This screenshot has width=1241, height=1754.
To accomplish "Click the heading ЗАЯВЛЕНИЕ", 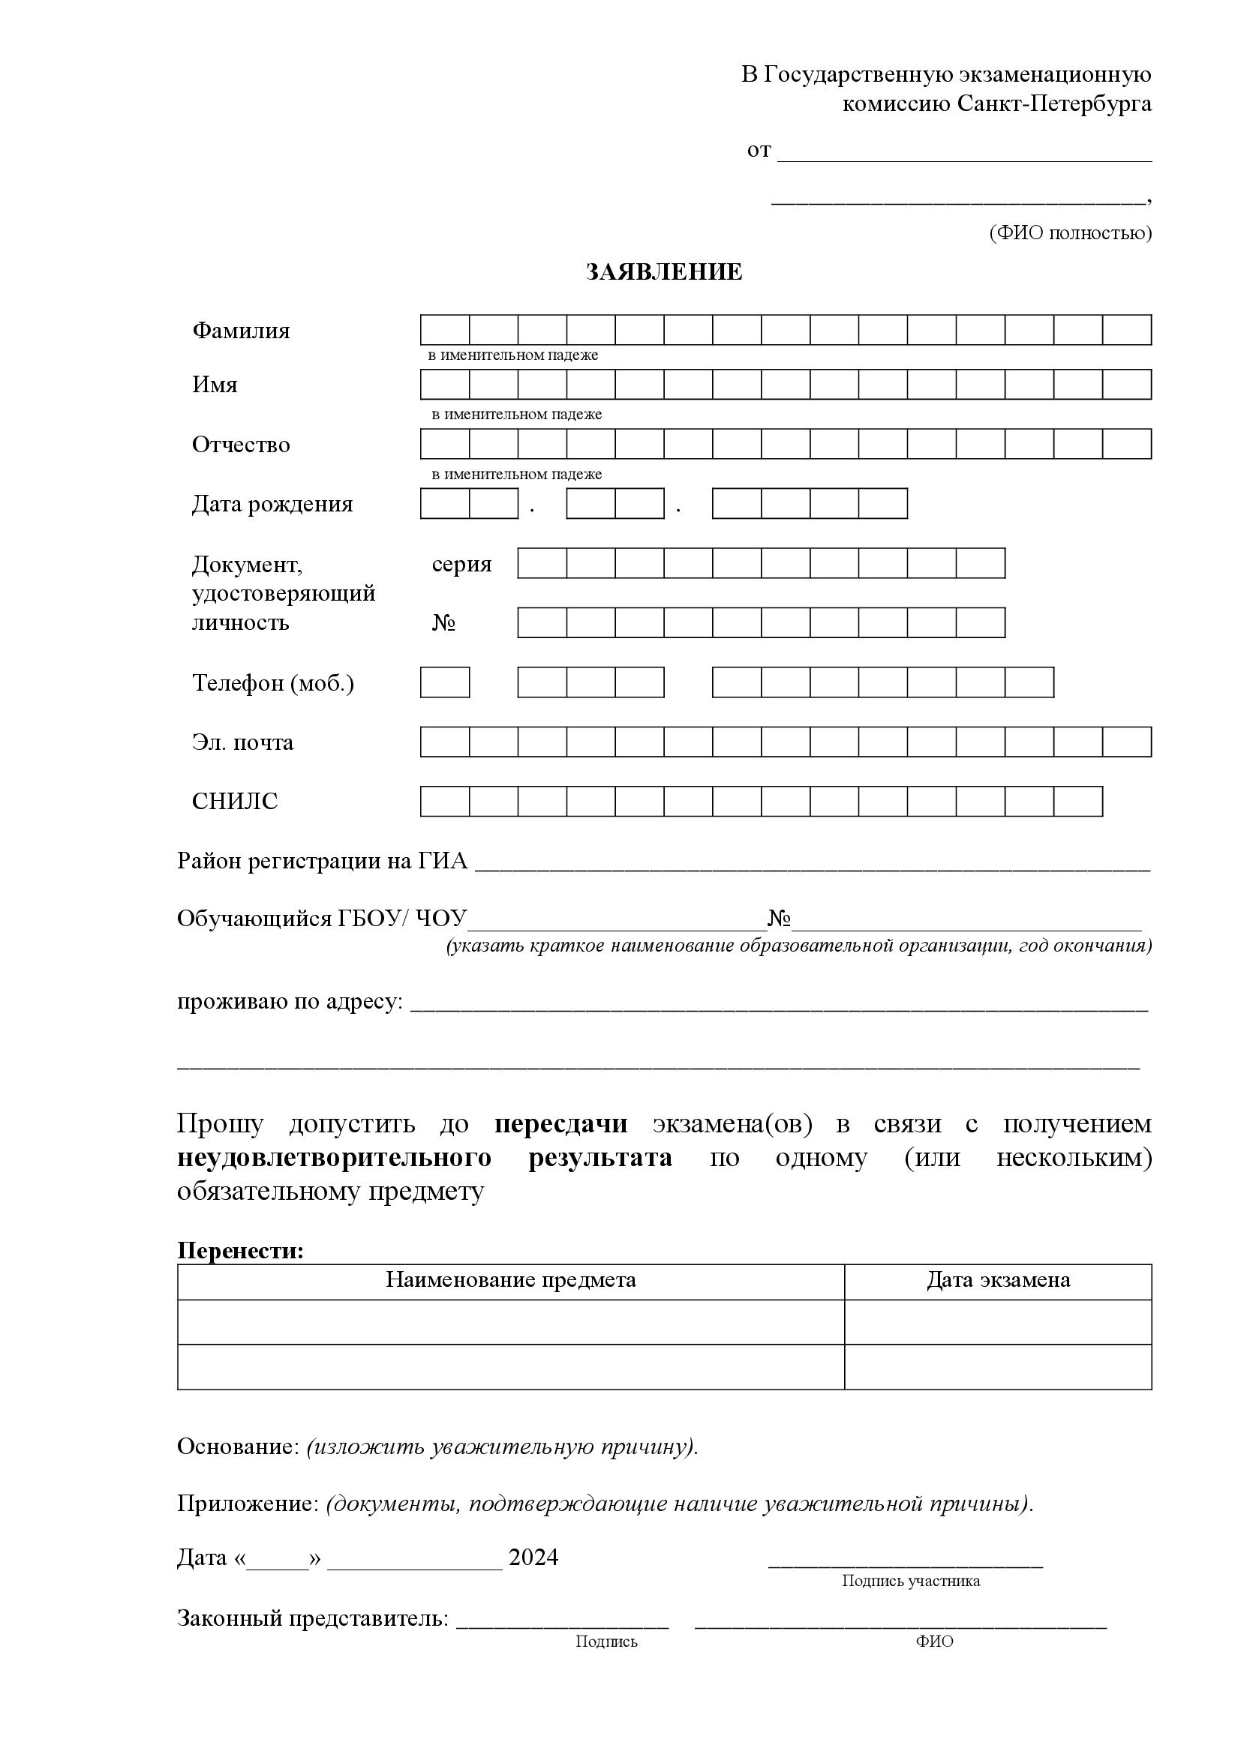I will (x=663, y=272).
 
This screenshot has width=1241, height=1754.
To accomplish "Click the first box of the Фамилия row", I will (x=445, y=330).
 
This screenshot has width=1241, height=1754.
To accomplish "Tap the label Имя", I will (x=215, y=384).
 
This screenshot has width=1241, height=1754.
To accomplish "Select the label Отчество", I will (x=241, y=445).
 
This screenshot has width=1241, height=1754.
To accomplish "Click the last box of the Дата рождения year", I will (x=882, y=503).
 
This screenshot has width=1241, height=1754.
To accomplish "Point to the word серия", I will (x=461, y=564).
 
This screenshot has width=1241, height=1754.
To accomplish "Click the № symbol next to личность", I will (x=444, y=622).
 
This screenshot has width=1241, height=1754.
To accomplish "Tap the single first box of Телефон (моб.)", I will (x=445, y=682).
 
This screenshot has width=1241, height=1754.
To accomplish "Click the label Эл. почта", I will (x=242, y=742).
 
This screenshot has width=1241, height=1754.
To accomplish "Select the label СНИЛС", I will (x=235, y=801).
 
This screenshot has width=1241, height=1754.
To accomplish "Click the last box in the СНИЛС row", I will (x=1077, y=802).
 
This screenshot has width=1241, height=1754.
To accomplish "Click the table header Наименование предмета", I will (x=510, y=1279).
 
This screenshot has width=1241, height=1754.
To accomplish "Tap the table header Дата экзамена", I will (x=998, y=1279).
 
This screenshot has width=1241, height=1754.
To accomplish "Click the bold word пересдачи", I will (x=561, y=1124).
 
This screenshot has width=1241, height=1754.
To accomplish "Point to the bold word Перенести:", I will (x=240, y=1251).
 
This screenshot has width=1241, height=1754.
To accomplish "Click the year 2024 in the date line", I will (x=533, y=1558).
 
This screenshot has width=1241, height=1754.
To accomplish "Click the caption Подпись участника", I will (x=910, y=1581).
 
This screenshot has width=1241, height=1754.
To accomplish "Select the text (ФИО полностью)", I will (x=1070, y=233).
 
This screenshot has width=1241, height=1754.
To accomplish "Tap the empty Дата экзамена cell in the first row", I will (x=998, y=1321).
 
